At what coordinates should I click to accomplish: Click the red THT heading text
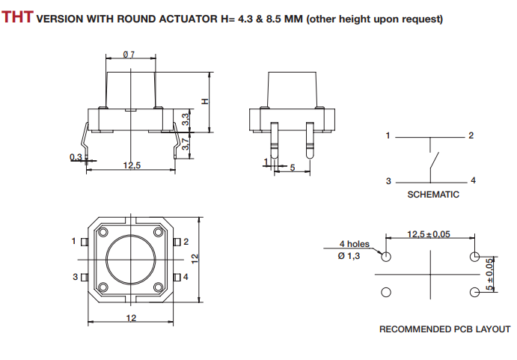pyautogui.click(x=17, y=16)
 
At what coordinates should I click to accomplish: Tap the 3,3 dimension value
pyautogui.click(x=186, y=118)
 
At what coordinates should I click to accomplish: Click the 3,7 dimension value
pyautogui.click(x=186, y=144)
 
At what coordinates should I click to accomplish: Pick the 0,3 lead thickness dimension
pyautogui.click(x=76, y=156)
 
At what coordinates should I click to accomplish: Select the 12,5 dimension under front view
pyautogui.click(x=132, y=165)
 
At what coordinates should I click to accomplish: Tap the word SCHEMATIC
pyautogui.click(x=432, y=195)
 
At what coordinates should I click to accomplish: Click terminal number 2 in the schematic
pyautogui.click(x=471, y=135)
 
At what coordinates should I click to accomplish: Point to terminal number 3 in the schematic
pyautogui.click(x=388, y=181)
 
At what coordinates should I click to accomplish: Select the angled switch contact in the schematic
pyautogui.click(x=434, y=161)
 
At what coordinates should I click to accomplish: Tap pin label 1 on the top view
pyautogui.click(x=74, y=241)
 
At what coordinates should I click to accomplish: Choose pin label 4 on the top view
pyautogui.click(x=186, y=277)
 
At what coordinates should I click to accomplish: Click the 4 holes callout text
pyautogui.click(x=354, y=244)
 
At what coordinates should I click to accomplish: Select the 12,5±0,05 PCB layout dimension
pyautogui.click(x=429, y=234)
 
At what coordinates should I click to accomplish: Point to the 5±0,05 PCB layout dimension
pyautogui.click(x=491, y=275)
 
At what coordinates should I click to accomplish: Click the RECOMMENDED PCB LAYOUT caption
pyautogui.click(x=444, y=329)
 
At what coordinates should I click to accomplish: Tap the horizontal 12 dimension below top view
pyautogui.click(x=131, y=319)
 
